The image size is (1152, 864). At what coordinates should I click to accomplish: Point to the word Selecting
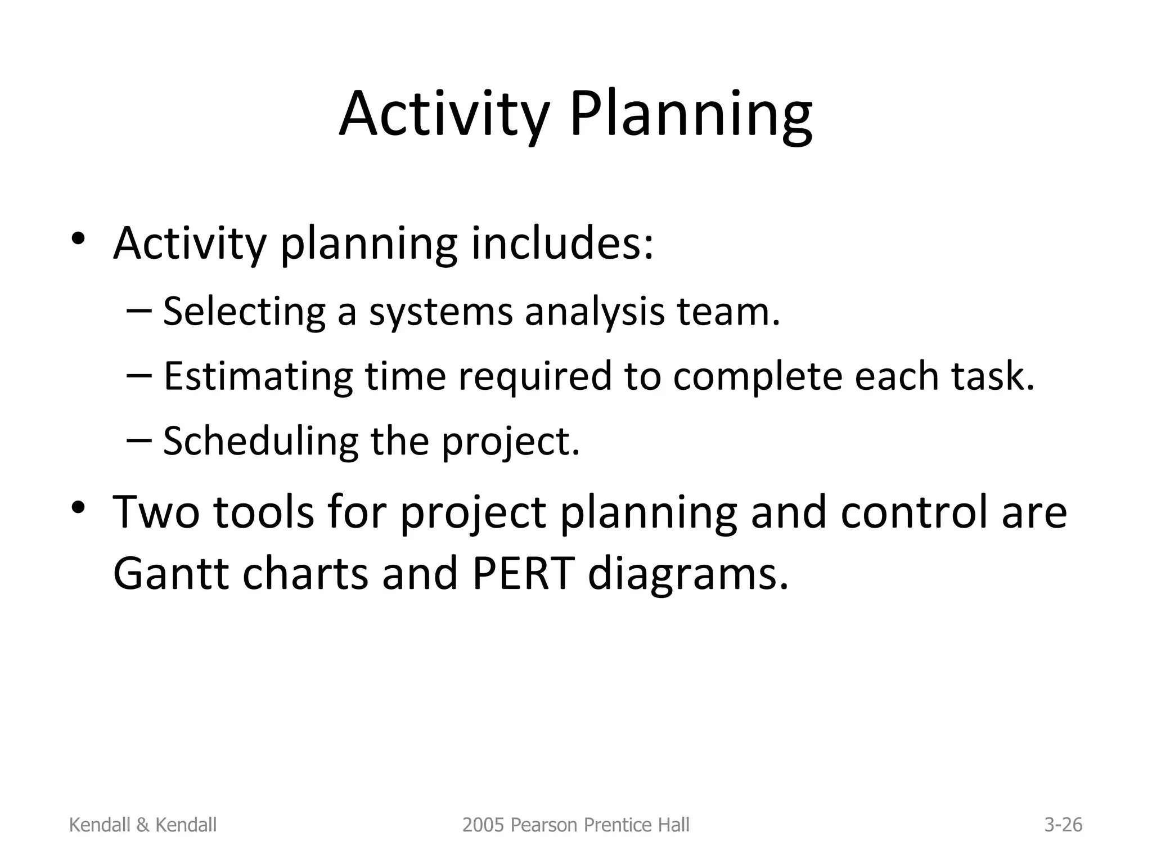(244, 311)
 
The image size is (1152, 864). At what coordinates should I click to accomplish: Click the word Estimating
(258, 376)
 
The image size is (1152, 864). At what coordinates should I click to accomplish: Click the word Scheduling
(260, 440)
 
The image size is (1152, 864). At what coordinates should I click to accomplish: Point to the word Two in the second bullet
(156, 512)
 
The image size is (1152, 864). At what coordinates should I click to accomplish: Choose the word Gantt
(170, 574)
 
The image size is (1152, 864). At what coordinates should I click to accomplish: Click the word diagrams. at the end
(687, 575)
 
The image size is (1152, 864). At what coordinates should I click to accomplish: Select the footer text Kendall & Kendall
(142, 825)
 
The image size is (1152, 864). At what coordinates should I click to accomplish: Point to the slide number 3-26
(1063, 825)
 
